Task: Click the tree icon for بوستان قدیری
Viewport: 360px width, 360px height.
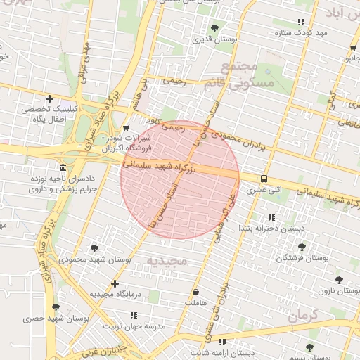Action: pos(214,28)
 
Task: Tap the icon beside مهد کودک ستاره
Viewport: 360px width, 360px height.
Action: pos(302,22)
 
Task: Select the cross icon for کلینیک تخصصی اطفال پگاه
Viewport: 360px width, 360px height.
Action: pos(49,99)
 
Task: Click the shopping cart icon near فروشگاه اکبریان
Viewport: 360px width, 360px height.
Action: pos(126,129)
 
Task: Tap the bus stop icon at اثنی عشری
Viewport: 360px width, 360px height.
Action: pos(264,179)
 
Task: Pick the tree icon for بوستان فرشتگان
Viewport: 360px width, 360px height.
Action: pos(302,247)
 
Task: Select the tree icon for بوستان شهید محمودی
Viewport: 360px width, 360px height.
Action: pos(94,248)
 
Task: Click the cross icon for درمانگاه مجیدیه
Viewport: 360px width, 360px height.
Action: pos(115,283)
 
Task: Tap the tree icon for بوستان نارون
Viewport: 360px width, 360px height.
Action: pos(339,279)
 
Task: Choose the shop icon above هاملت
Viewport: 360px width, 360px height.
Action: pos(195,291)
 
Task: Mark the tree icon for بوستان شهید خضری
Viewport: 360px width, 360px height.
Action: pos(56,307)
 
